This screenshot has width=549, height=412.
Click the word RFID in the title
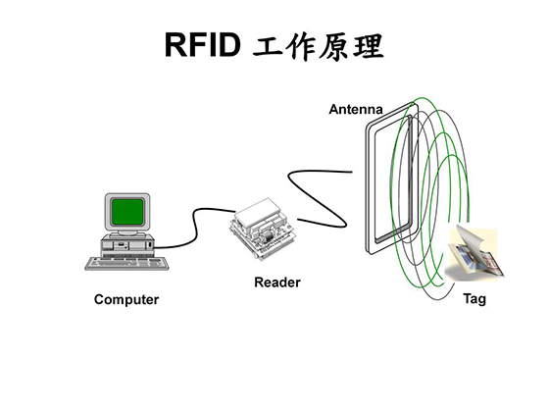click(203, 45)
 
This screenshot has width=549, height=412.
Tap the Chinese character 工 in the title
click(268, 46)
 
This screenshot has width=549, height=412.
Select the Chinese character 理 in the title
click(368, 47)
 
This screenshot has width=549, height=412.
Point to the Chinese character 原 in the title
click(332, 47)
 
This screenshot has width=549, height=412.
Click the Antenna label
click(356, 109)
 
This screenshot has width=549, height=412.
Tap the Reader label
click(277, 283)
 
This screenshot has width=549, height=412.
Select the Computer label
click(126, 300)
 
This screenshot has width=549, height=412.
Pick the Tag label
click(474, 299)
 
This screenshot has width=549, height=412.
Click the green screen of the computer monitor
click(127, 212)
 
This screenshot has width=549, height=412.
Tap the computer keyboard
click(127, 264)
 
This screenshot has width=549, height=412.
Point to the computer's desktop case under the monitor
click(127, 243)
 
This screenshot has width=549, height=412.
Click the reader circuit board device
click(264, 229)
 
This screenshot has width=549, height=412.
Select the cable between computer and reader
click(195, 228)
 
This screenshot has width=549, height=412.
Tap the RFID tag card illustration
click(474, 254)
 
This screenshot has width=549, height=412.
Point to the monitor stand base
click(127, 233)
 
